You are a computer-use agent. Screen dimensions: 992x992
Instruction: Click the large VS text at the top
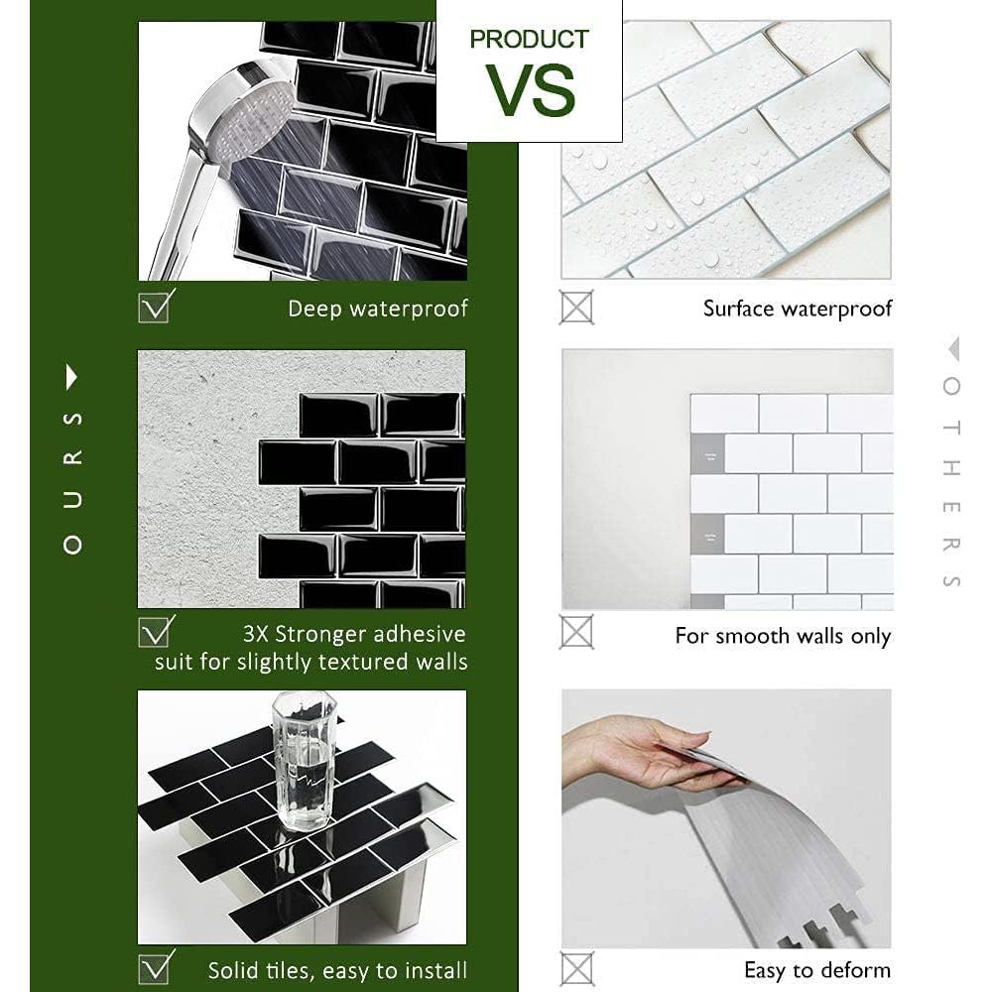click(530, 91)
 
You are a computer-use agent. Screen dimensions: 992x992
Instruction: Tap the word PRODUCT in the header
click(529, 40)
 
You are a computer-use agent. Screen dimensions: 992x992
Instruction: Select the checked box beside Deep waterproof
click(156, 306)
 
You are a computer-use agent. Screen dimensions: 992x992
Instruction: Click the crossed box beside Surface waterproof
click(576, 307)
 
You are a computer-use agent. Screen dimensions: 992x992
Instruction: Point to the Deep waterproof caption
click(377, 309)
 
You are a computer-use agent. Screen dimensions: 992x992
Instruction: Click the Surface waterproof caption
click(797, 309)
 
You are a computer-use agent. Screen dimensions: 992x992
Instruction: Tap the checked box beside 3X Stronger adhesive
click(156, 632)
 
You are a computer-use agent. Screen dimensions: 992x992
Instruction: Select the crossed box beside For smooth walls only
click(576, 632)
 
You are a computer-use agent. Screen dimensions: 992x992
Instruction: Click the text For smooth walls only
click(783, 636)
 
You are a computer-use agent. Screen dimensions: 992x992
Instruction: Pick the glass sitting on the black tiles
click(304, 760)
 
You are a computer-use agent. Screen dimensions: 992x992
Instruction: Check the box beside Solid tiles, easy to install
click(156, 966)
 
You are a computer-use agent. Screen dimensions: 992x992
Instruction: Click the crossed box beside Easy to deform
click(576, 968)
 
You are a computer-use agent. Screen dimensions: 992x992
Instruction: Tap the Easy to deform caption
click(816, 970)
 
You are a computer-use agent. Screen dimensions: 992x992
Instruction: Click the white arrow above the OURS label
click(71, 376)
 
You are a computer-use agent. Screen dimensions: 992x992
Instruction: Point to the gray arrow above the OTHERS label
click(952, 348)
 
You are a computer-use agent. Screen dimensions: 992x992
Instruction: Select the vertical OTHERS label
click(951, 481)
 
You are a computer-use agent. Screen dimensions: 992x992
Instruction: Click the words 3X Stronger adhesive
click(354, 634)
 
